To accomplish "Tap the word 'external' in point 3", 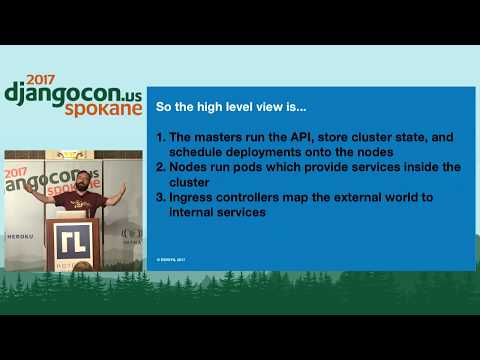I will tap(381, 197).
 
